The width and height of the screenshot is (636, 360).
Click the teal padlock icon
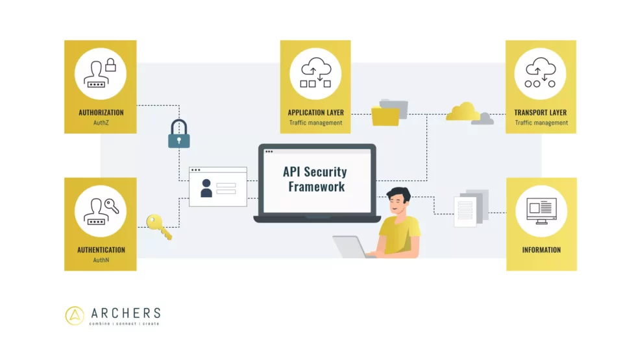pyautogui.click(x=179, y=134)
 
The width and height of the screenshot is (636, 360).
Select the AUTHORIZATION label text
pyautogui.click(x=101, y=112)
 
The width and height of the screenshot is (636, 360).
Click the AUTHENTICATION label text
pyautogui.click(x=101, y=250)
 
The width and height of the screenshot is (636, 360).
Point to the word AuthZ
pyautogui.click(x=101, y=123)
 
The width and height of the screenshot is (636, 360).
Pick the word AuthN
pyautogui.click(x=101, y=260)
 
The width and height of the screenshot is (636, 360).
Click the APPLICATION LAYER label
pyautogui.click(x=315, y=112)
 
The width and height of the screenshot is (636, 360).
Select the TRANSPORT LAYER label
pyautogui.click(x=541, y=112)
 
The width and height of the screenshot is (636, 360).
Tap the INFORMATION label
pyautogui.click(x=541, y=250)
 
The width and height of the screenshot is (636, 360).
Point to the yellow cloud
pyautogui.click(x=463, y=112)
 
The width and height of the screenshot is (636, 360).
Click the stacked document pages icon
pyautogui.click(x=470, y=207)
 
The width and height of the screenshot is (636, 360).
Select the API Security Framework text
pyautogui.click(x=315, y=179)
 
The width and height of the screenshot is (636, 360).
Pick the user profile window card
pyautogui.click(x=218, y=187)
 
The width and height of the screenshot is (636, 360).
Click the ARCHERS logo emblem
pyautogui.click(x=75, y=315)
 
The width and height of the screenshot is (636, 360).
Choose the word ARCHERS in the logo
pyautogui.click(x=125, y=313)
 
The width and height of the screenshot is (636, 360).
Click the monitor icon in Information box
pyautogui.click(x=541, y=210)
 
